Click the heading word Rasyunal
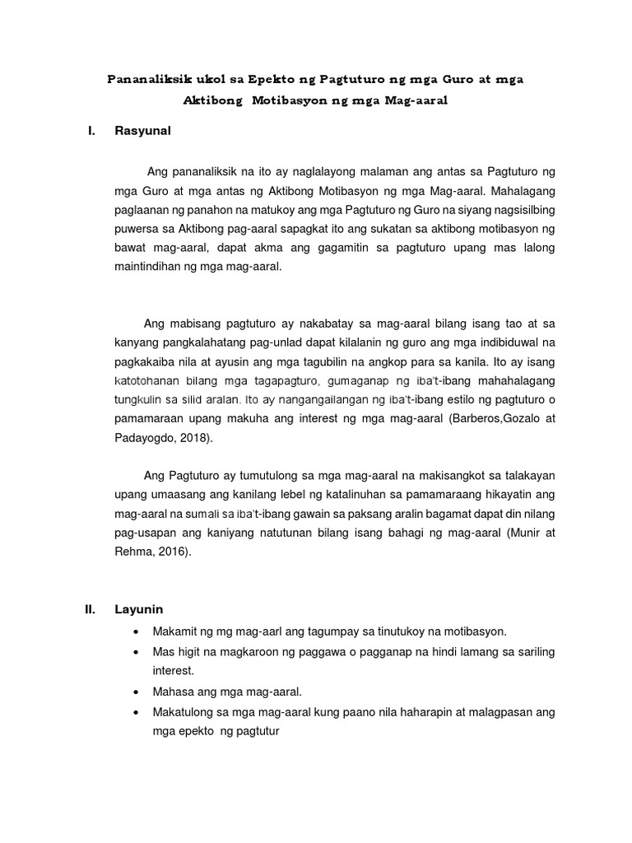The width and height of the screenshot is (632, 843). tap(142, 130)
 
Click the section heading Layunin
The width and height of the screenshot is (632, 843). tap(139, 609)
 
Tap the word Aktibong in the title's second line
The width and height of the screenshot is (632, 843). tap(212, 100)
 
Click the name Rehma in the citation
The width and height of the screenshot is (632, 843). tap(132, 552)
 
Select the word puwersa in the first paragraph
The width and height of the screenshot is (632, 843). tap(138, 228)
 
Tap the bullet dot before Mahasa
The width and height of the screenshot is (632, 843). tap(135, 692)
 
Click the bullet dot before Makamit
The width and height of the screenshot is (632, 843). tap(135, 631)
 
